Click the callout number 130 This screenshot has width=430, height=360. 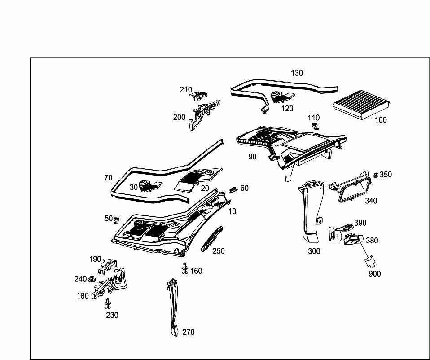click(x=297, y=73)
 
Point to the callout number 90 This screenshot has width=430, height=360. click(x=252, y=157)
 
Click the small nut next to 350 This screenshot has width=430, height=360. click(x=376, y=175)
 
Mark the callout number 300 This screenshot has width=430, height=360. click(x=314, y=251)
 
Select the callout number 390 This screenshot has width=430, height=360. click(x=360, y=223)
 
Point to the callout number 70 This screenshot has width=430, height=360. click(x=108, y=178)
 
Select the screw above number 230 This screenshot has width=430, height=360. click(x=108, y=303)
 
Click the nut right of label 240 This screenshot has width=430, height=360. click(x=92, y=279)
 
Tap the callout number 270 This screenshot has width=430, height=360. click(x=189, y=332)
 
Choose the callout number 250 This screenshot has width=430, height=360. click(x=219, y=251)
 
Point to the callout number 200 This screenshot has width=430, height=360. click(x=179, y=117)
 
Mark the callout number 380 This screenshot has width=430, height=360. click(x=372, y=241)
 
